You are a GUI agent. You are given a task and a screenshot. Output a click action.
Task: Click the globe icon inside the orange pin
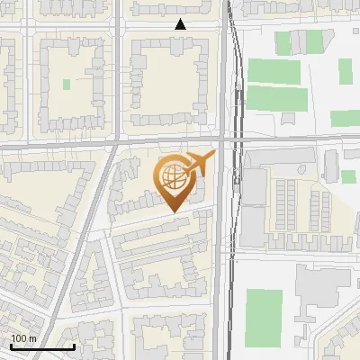(x=172, y=175)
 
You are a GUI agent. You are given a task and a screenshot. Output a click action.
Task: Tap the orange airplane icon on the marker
(x=200, y=163)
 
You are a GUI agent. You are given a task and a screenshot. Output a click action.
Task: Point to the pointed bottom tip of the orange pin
(x=172, y=212)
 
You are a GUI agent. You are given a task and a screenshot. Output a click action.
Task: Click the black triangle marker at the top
(x=181, y=24)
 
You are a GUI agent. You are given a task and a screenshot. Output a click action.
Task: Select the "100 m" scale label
(x=23, y=337)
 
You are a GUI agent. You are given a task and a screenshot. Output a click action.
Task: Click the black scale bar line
(x=42, y=346)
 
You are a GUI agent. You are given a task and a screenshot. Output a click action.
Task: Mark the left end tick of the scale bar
(x=12, y=346)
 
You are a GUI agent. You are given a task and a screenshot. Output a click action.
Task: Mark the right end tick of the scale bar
(x=74, y=346)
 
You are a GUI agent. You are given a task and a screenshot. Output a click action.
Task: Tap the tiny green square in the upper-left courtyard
(x=67, y=85)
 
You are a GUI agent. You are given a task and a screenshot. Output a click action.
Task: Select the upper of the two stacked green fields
(x=273, y=71)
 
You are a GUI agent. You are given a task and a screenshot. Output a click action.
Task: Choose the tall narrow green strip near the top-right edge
(x=345, y=71)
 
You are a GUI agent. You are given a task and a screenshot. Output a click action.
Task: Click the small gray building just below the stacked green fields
(x=290, y=119)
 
